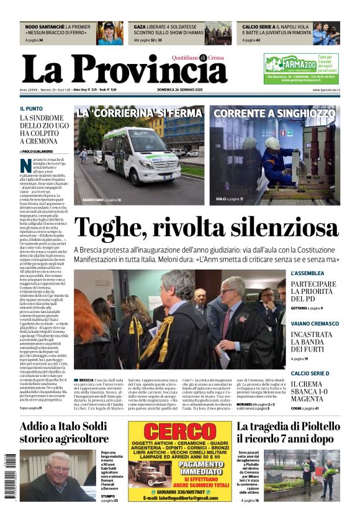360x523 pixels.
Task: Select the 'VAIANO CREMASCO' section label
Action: pos(314,324)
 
